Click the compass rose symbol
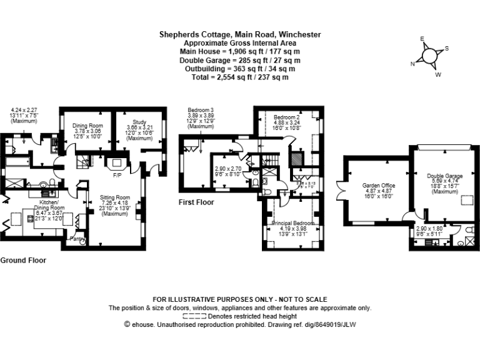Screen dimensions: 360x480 431,56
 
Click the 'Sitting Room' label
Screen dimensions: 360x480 114,197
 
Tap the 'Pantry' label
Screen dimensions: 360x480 77,239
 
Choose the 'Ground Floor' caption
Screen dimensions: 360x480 22,260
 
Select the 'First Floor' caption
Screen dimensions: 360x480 196,202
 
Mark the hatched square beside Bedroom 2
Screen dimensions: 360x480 298,159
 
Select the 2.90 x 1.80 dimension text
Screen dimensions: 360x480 429,229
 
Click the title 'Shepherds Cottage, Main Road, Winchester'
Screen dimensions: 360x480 240,34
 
